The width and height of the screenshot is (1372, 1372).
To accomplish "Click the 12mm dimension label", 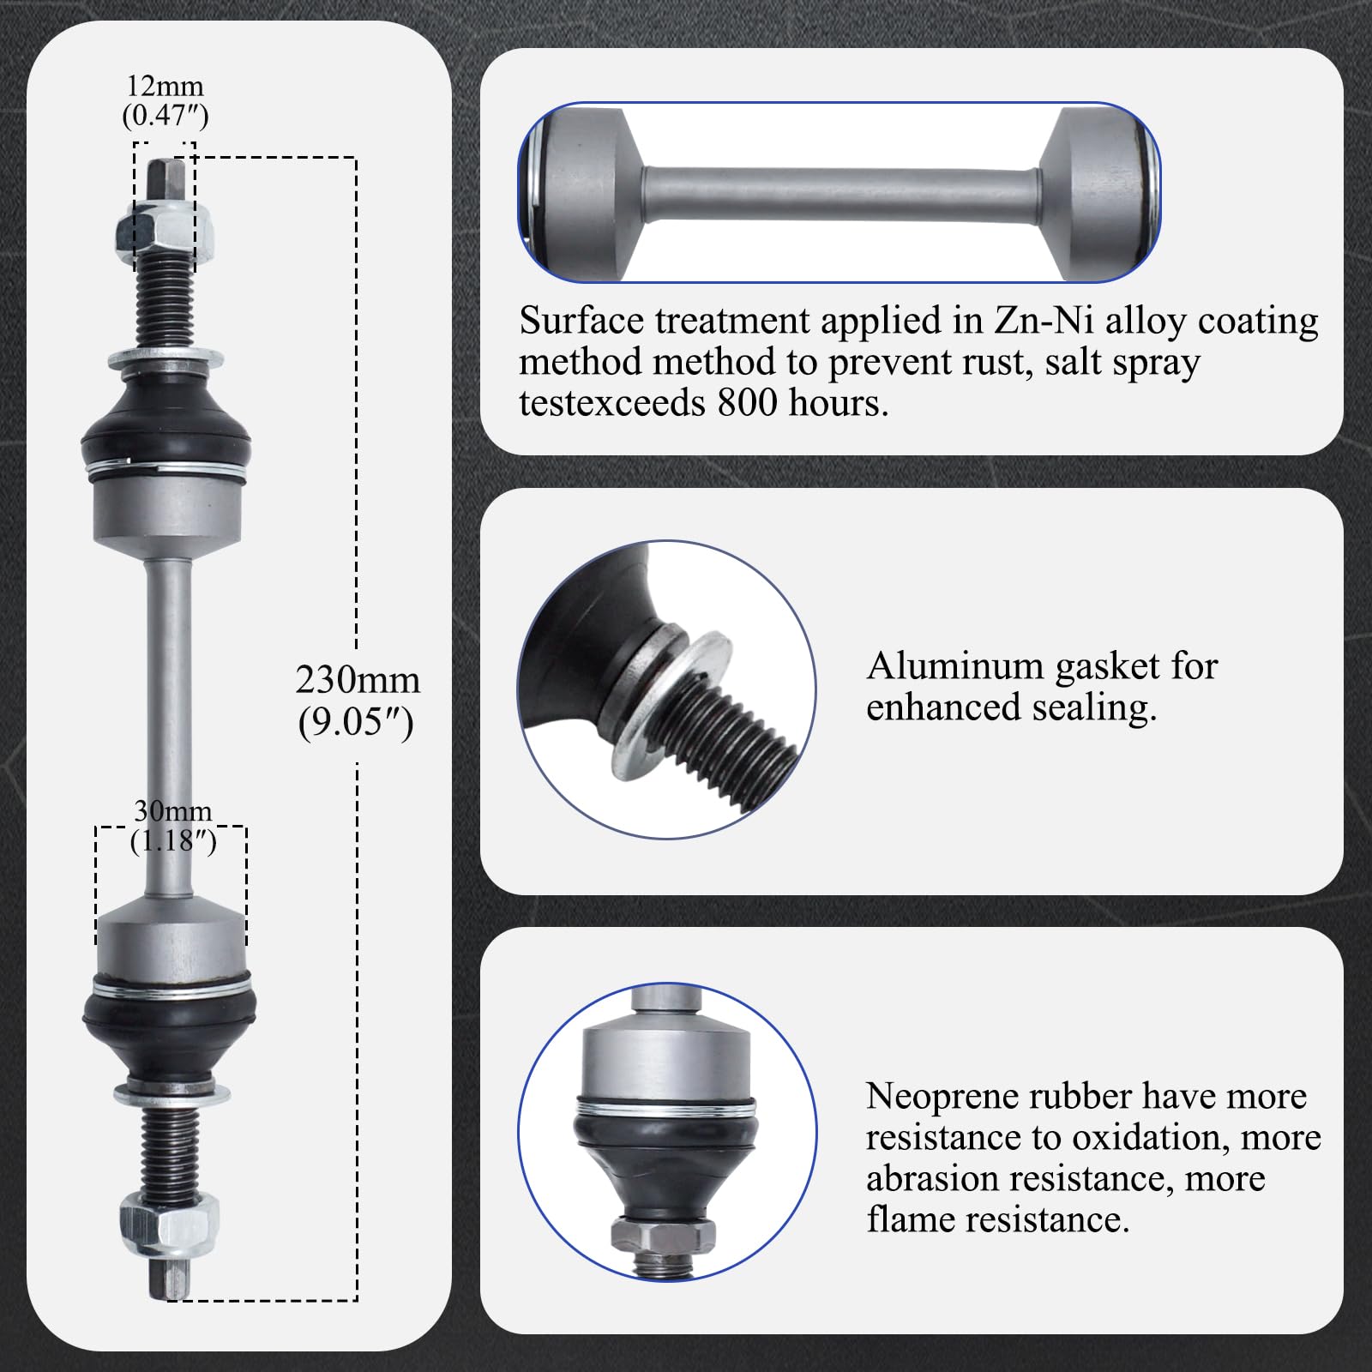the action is (165, 87).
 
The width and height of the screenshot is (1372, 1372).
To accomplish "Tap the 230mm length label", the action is (358, 680).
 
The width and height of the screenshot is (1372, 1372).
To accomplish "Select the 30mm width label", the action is (172, 811).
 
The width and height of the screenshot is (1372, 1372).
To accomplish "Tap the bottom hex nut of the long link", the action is (169, 1215).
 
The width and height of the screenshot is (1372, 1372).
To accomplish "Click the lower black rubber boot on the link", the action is (170, 1030).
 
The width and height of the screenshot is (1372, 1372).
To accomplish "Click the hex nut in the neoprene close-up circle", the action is (663, 1235).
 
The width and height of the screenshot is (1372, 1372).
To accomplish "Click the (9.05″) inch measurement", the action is (357, 724).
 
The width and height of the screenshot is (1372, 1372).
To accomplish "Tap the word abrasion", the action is (932, 1179).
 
